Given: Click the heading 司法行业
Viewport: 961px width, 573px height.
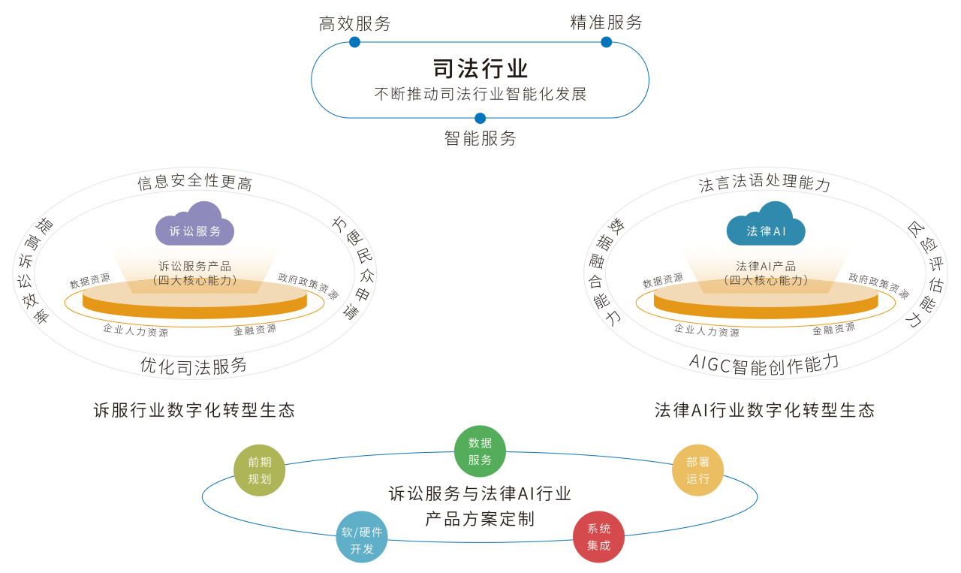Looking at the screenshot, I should (x=480, y=68).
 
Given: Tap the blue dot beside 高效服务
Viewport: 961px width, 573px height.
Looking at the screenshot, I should (x=354, y=42).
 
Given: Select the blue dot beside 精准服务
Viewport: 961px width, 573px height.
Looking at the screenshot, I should (x=607, y=42).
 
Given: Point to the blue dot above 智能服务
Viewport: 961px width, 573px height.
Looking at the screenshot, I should (x=480, y=118).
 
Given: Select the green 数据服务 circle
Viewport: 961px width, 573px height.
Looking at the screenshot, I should (x=480, y=451).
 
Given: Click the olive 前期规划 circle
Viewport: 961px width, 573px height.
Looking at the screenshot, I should (x=260, y=471).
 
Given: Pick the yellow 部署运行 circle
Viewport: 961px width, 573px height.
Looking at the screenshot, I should (x=697, y=471).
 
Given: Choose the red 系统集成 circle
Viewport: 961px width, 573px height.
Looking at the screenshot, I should (x=598, y=537).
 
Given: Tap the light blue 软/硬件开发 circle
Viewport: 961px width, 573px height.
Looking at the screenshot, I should (x=362, y=537).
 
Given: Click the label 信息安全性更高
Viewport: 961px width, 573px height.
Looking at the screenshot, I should (x=194, y=183).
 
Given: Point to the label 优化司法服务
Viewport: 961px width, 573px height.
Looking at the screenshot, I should (x=194, y=366).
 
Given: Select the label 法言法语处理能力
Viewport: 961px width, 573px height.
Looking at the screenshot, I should (x=765, y=184).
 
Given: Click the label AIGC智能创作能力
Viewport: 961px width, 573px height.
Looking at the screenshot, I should (x=764, y=363).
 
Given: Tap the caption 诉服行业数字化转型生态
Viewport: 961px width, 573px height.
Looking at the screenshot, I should (x=194, y=410).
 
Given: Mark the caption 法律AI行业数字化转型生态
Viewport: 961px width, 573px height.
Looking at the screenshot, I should (x=765, y=410).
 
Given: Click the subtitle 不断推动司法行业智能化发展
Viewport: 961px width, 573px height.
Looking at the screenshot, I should (x=480, y=94).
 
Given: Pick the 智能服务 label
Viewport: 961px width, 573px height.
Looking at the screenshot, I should (x=480, y=138).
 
